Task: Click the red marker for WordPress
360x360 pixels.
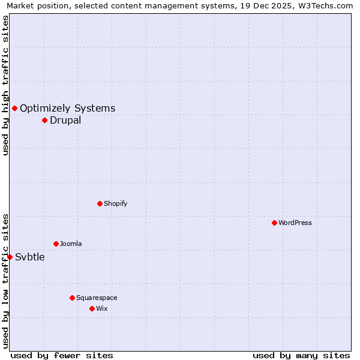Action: point(274,223)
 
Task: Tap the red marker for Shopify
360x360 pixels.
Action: point(100,203)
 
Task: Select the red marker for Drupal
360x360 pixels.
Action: point(44,120)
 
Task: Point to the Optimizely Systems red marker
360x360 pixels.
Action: point(14,108)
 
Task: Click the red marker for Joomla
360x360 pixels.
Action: point(56,244)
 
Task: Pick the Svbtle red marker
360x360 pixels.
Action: point(10,257)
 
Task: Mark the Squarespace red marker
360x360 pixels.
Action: point(72,298)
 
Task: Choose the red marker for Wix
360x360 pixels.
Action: point(92,308)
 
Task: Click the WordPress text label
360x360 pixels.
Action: point(295,223)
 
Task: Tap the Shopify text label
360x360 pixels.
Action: point(115,203)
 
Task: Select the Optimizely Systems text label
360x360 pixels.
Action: point(67,108)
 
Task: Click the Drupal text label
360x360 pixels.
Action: point(65,120)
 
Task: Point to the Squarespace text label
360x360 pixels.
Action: point(97,298)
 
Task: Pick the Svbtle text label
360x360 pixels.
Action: point(30,257)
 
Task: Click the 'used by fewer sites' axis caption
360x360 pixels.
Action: point(62,355)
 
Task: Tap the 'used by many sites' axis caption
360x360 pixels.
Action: point(301,355)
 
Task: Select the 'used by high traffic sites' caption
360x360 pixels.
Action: point(5,86)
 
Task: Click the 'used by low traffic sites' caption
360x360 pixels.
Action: point(5,280)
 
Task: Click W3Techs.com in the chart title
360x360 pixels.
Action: point(323,5)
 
